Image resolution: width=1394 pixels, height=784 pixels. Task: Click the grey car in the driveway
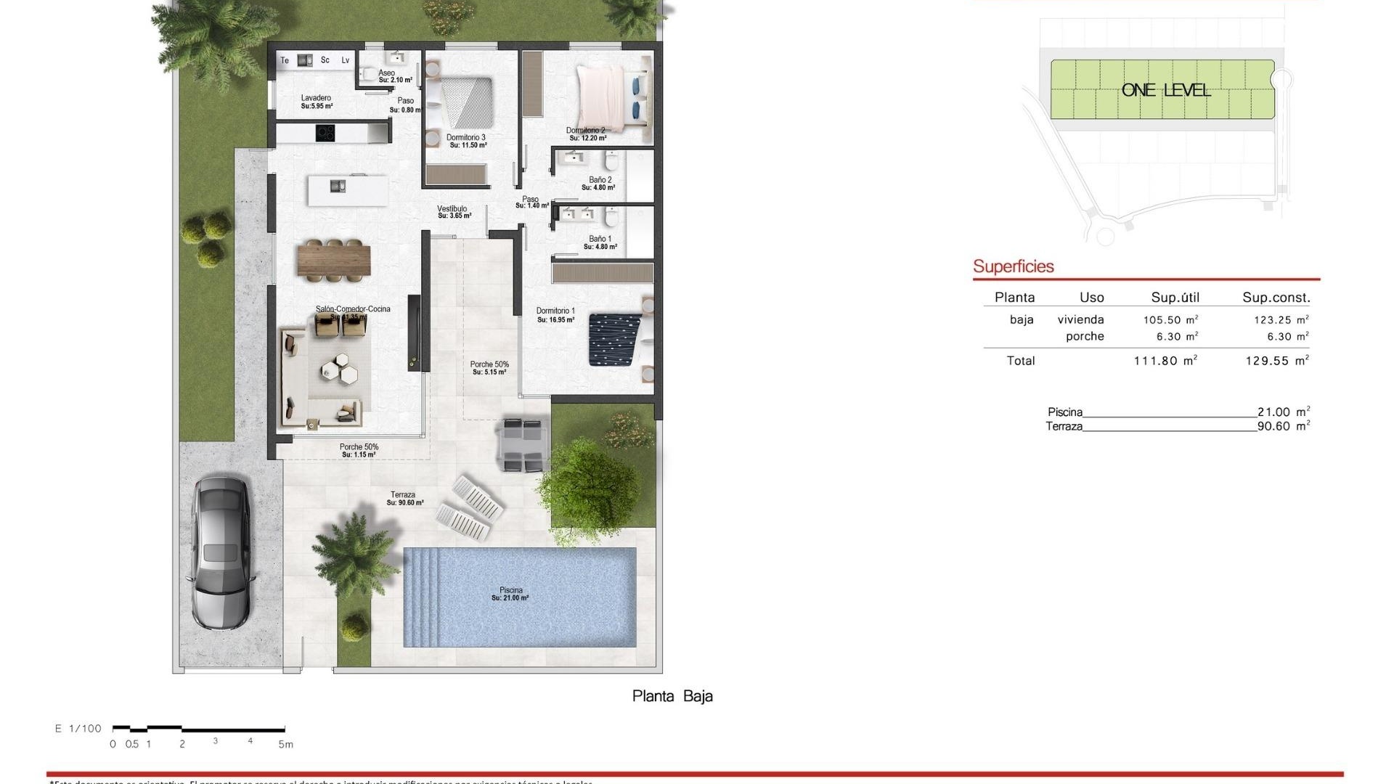(x=221, y=553)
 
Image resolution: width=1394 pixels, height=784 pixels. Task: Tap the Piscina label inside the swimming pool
(x=510, y=591)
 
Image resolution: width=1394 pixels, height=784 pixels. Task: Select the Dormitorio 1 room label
(x=555, y=311)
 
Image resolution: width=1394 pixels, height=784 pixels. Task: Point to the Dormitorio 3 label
(x=466, y=137)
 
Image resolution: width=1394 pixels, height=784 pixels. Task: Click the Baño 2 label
(x=600, y=180)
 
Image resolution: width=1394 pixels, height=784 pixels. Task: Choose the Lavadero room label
(x=316, y=98)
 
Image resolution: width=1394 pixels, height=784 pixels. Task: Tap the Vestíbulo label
(x=452, y=209)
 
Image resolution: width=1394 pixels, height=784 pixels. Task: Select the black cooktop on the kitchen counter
(x=325, y=134)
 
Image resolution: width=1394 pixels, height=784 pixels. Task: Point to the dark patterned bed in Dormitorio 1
(x=614, y=340)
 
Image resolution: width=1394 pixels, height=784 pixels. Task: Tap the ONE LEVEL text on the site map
(x=1166, y=90)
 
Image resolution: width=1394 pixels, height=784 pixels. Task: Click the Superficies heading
(x=1013, y=266)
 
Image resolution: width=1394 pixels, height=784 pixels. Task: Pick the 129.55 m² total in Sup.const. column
(x=1276, y=360)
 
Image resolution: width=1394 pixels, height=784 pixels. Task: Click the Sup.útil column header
(x=1175, y=297)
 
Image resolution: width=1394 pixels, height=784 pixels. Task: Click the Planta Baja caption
(x=672, y=696)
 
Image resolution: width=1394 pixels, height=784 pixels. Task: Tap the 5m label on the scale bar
(x=285, y=744)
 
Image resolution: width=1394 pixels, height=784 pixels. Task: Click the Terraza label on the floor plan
(x=403, y=495)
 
